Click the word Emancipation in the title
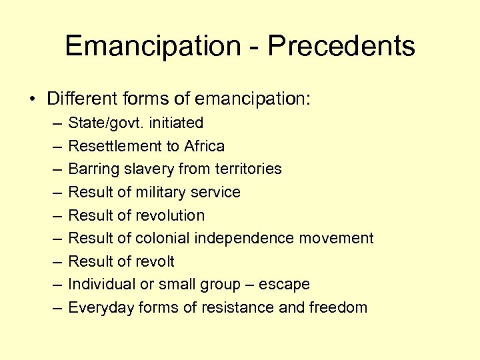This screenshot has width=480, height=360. pos(153,47)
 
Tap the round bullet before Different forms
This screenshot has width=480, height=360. pos(32,100)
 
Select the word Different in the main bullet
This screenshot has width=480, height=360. pos(82,99)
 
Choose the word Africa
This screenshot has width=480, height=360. pos(203,146)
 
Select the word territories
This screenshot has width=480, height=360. pos(249,169)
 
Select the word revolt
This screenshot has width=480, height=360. pos(155,261)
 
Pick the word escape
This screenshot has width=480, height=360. pos(285,285)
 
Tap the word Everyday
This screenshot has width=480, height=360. pos(98,307)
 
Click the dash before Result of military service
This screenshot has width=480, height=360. pos(53,193)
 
